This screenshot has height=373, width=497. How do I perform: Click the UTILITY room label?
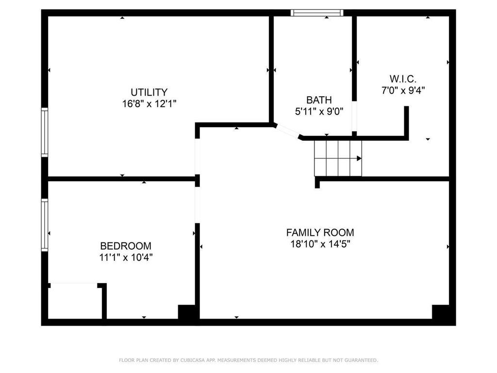click(149, 92)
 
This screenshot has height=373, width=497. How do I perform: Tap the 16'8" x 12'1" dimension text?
click(149, 103)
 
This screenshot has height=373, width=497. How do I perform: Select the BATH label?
click(319, 100)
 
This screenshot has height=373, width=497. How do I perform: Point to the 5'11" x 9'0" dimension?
click(319, 111)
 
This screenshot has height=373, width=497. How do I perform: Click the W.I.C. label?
click(403, 79)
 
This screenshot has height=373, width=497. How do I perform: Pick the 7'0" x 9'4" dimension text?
click(403, 90)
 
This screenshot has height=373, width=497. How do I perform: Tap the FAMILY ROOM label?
click(320, 233)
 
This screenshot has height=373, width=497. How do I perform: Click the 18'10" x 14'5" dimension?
click(320, 244)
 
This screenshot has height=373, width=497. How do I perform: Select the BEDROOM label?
click(126, 246)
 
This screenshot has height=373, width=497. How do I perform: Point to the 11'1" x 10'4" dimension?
click(126, 257)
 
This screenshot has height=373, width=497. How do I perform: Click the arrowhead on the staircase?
click(359, 158)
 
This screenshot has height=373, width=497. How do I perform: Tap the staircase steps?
click(337, 158)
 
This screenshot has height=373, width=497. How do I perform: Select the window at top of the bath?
click(317, 13)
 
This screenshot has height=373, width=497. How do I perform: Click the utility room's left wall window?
click(45, 132)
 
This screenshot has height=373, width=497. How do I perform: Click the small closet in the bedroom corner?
click(75, 301)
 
